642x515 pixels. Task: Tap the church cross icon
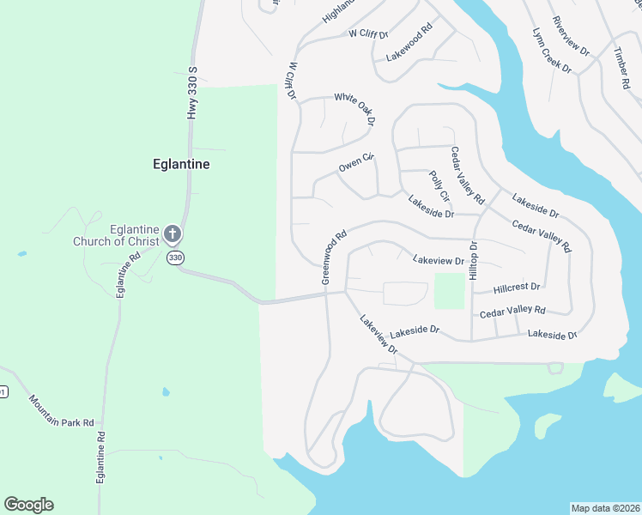(172, 233)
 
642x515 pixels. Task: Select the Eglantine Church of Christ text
(134, 235)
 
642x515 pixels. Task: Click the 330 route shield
(176, 257)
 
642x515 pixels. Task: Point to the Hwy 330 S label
(193, 94)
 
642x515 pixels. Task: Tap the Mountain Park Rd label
(66, 412)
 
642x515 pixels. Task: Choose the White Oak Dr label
(354, 109)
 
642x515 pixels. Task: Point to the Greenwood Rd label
(333, 256)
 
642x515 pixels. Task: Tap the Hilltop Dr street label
(473, 259)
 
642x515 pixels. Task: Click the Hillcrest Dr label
(518, 287)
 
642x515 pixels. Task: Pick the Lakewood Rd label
(409, 42)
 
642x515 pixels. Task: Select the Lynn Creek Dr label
(552, 51)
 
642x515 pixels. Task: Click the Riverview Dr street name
(572, 36)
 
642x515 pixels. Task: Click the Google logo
(28, 505)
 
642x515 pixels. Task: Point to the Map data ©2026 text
(605, 507)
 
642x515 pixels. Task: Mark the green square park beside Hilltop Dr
(449, 291)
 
